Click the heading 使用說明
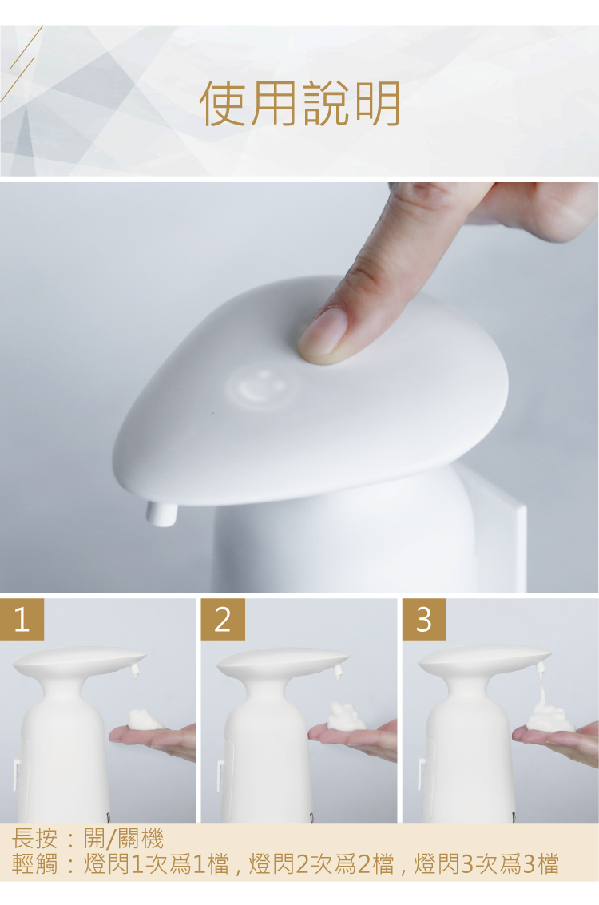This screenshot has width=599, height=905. coord(299,104)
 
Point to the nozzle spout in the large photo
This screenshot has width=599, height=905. coord(161,514)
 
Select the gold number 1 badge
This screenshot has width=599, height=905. coord(22,619)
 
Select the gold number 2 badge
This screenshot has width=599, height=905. coord(223,619)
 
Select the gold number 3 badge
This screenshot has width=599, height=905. coord(424,619)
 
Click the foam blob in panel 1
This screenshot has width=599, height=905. coord(145,720)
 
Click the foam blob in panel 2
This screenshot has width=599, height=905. coord(346,716)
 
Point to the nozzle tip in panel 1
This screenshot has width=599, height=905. coord(136,672)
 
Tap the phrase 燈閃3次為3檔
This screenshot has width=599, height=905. coord(486,864)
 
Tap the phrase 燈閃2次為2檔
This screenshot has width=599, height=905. coord(321,864)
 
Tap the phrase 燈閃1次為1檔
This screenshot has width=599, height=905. coord(157,864)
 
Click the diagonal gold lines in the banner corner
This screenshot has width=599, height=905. coord(21,63)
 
